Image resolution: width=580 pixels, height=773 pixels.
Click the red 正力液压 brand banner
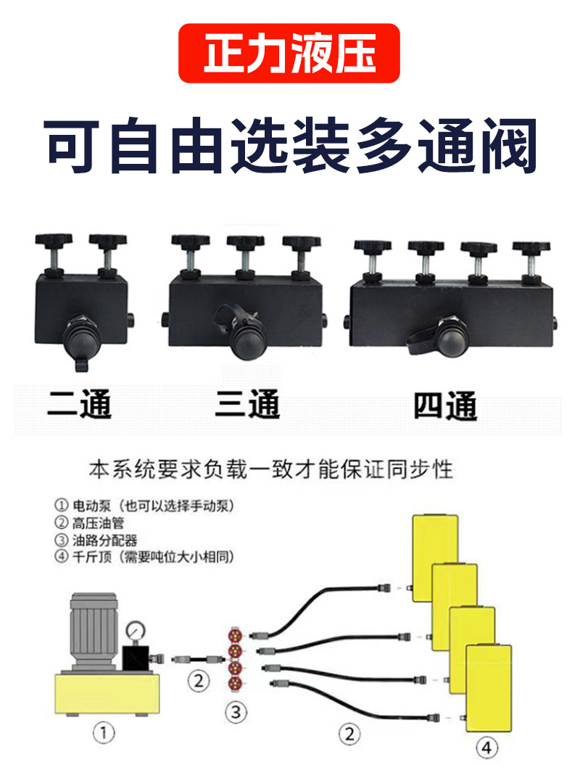point(289,53)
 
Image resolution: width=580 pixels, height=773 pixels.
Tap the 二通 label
point(79,404)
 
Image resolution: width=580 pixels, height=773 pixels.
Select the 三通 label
point(247,404)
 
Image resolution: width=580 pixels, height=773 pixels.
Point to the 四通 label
point(445,406)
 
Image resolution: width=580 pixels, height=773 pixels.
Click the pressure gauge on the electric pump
point(136,631)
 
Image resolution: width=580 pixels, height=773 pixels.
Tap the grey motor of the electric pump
point(94,631)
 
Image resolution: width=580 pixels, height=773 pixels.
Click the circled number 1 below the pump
point(104,733)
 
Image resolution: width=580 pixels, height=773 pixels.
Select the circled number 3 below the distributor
point(236,712)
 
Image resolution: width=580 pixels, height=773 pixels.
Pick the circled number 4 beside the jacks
point(486,748)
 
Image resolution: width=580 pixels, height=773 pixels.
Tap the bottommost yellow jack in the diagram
point(489,687)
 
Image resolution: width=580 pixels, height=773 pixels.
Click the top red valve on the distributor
point(236,634)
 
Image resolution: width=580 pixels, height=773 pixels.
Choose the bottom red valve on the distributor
point(236,683)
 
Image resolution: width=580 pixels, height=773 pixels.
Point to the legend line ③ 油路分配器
point(96,540)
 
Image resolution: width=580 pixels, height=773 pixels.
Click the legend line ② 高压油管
point(89,523)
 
